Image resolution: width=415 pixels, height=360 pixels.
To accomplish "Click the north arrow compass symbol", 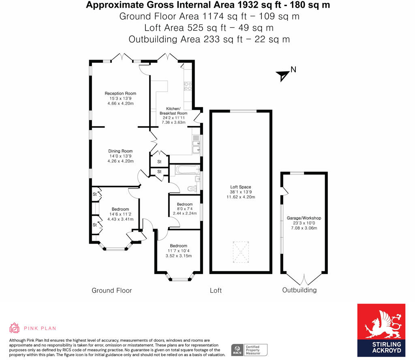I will [284, 75].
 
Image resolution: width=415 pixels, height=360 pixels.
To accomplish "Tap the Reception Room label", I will [120, 94].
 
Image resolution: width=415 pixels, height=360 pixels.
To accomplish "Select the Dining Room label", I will [120, 151].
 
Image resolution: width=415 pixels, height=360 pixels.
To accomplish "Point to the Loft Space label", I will [241, 187].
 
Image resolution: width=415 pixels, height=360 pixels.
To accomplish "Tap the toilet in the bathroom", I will [192, 188].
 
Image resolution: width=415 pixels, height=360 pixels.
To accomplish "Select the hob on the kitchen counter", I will [188, 85].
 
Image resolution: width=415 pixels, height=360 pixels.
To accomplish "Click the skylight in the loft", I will [241, 251].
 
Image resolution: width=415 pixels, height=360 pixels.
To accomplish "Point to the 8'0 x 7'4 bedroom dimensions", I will [184, 211].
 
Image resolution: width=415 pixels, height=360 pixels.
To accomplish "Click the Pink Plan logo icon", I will [15, 328].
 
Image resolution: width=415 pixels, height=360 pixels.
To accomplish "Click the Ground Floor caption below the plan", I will [112, 290].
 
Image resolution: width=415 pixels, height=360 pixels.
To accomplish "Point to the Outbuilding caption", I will [299, 290].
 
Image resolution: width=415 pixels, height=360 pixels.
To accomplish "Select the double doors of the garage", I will [304, 280].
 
